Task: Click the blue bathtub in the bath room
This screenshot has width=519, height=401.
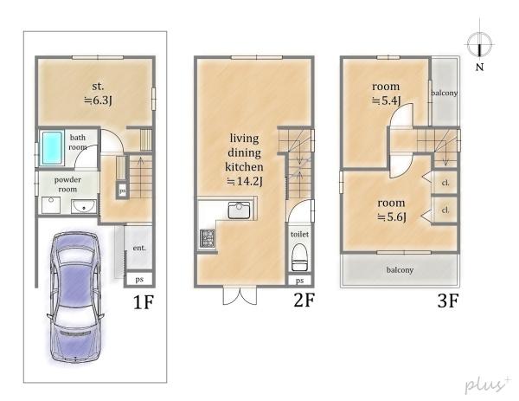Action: coord(52,148)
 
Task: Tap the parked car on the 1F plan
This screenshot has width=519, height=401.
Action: coord(75,296)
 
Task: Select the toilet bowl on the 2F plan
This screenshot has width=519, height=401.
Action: coord(299,257)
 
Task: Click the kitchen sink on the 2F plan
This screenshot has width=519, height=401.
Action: coord(239,210)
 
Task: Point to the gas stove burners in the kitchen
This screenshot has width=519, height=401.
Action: coord(208,238)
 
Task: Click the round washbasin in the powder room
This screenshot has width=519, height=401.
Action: coord(84,207)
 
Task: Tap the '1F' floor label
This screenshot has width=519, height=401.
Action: coord(144,302)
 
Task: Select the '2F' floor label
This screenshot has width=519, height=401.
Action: coord(304,301)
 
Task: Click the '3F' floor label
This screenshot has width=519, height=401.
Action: coord(448,301)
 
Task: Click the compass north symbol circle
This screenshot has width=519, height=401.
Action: coord(478,44)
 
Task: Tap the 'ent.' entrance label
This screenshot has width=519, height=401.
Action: coord(139,248)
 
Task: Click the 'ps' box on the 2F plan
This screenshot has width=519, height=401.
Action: coord(299,281)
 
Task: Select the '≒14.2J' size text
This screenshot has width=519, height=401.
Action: coord(245,181)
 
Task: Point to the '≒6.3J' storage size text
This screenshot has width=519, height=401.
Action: coord(98,100)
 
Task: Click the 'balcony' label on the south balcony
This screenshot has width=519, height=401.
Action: coord(400,270)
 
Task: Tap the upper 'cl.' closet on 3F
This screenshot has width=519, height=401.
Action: coord(445,183)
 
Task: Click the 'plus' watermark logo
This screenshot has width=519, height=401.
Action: coord(486,385)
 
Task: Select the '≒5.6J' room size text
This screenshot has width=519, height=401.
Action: coord(392,217)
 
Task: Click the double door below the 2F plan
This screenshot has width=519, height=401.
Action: coord(240,295)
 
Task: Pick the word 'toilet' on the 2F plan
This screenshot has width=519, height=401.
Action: coord(299,235)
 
